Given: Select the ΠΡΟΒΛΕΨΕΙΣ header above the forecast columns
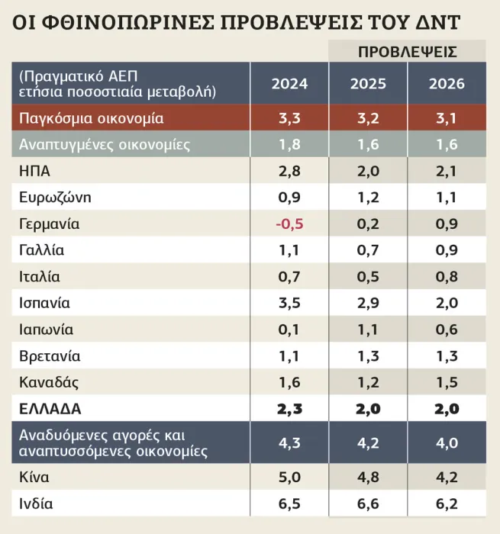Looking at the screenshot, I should tap(408, 52).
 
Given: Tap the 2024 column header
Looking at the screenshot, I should tap(289, 84).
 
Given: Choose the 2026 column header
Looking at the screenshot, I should tap(447, 84).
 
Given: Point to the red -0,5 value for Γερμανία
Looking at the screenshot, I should tap(289, 224).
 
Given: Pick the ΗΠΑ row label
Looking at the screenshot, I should tap(35, 171).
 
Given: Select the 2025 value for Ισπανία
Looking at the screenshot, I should tap(368, 303).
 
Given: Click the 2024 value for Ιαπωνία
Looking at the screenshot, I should tap(289, 330).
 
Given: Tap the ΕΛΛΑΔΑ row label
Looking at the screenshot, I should tap(50, 408).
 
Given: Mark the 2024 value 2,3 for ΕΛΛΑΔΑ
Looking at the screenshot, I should tap(289, 408).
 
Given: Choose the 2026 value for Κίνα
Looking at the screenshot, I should tap(447, 478).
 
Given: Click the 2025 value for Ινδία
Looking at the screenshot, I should tap(368, 504).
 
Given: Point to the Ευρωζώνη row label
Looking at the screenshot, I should tap(55, 198).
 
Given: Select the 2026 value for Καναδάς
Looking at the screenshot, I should tap(447, 381).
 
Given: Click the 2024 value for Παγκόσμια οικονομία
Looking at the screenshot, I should tap(289, 118).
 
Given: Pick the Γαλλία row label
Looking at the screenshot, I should tap(41, 250).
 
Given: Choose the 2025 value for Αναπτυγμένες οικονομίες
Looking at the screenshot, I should tap(368, 144).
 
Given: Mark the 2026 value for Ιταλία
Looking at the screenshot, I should tap(447, 277).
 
